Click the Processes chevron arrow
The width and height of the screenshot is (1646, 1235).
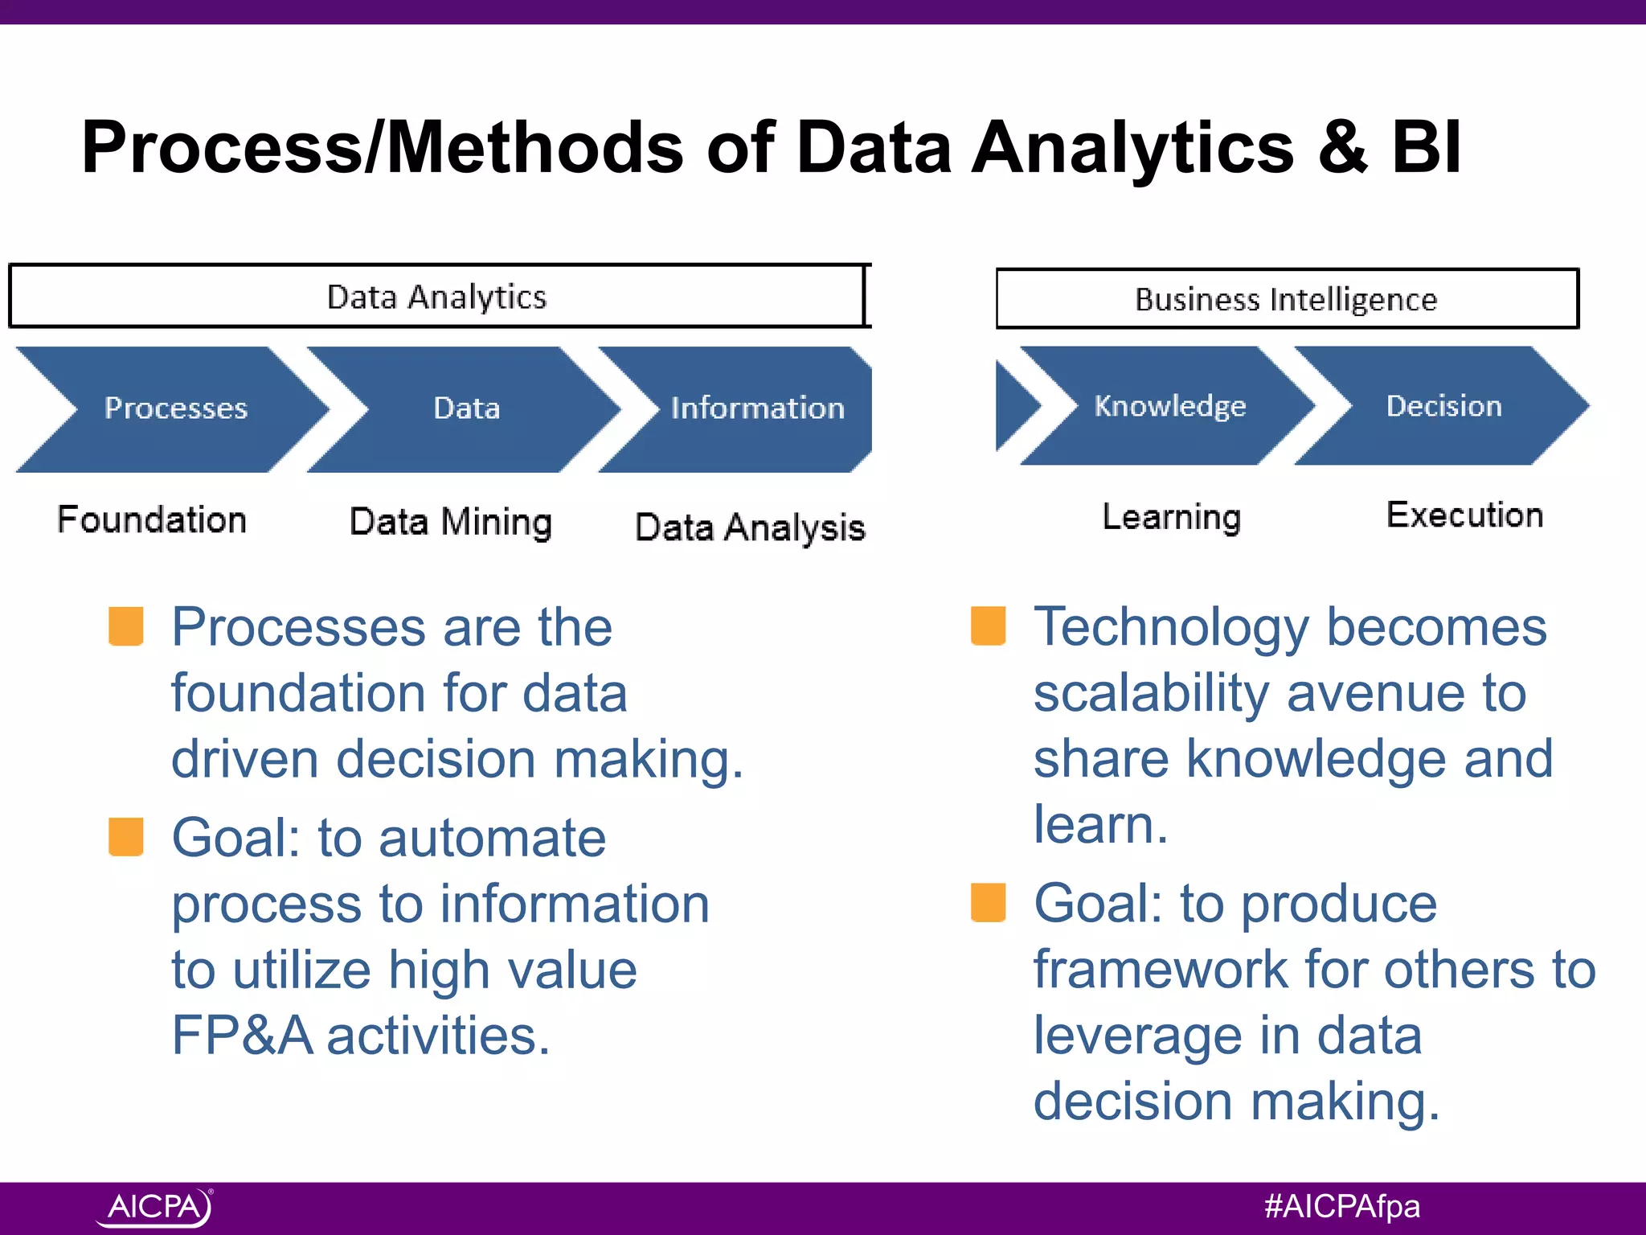[175, 408]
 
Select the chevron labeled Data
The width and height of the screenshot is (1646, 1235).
[466, 408]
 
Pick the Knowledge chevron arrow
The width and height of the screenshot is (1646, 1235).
[1169, 406]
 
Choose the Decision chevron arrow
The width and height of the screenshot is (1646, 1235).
[1443, 406]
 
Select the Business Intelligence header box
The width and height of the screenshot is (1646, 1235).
[1286, 299]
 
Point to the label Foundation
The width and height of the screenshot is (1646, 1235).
[152, 519]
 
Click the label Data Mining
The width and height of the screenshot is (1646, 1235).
[451, 523]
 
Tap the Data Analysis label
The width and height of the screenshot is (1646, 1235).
[750, 528]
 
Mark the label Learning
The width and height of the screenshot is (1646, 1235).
[1171, 517]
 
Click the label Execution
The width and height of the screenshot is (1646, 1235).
[1464, 515]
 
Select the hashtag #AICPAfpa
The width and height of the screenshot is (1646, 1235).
[1341, 1207]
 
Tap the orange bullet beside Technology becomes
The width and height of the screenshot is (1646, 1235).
[988, 626]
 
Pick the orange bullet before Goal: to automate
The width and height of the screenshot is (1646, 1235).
[126, 837]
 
